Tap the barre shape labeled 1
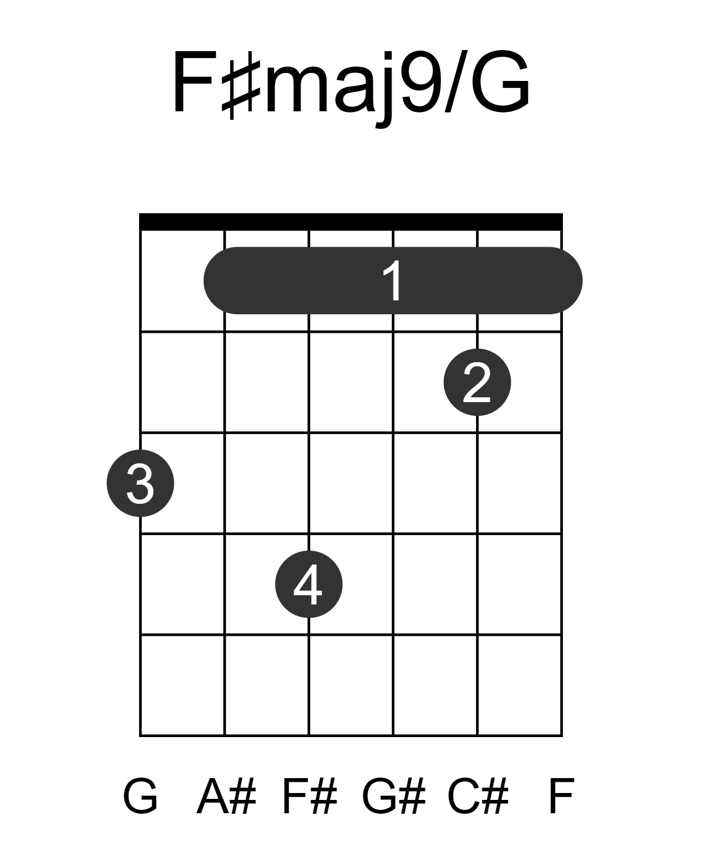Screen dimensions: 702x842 (392, 281)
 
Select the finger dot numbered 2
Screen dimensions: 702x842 (477, 382)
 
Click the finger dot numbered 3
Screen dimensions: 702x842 (140, 483)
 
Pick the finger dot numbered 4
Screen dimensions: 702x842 (309, 584)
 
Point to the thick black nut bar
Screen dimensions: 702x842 (351, 222)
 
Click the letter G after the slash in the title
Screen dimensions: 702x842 (500, 82)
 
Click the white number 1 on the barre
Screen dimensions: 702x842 (392, 281)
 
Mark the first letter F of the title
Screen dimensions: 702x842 (193, 82)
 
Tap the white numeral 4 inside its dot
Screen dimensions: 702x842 (308, 584)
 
